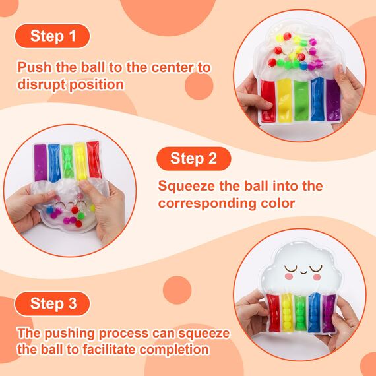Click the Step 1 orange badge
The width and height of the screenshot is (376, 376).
(52, 36)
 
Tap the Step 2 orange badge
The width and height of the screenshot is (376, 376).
(193, 158)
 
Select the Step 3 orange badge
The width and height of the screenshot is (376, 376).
(52, 303)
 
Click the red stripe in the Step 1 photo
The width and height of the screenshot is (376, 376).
(268, 100)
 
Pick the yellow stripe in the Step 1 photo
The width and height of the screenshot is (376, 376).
(285, 100)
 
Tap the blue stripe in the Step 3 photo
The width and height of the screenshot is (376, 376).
(315, 311)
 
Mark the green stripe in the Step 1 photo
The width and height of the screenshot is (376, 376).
(301, 100)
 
